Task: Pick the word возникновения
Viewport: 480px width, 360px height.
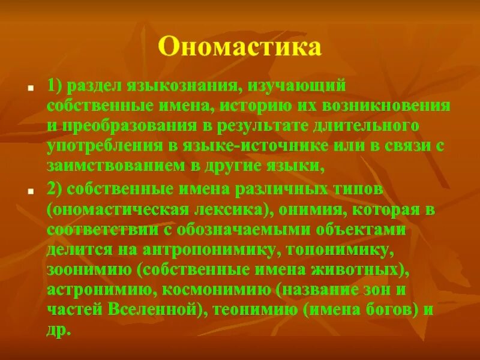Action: pos(387,107)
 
